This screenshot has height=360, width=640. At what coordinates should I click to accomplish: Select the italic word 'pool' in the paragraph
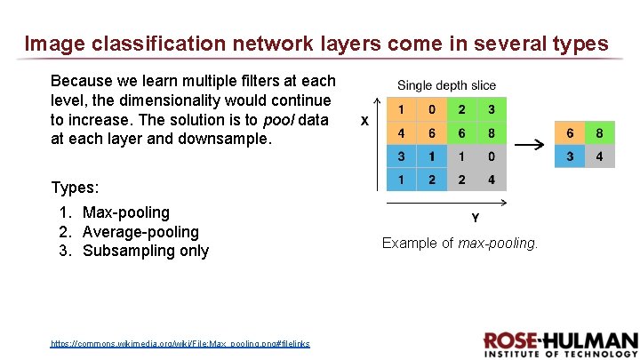click(280, 120)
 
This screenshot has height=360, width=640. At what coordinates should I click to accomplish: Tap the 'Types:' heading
click(76, 188)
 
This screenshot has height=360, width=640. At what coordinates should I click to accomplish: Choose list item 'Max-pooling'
click(125, 212)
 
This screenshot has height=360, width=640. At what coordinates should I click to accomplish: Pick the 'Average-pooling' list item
click(140, 232)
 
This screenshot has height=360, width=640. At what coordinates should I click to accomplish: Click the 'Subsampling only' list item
click(146, 251)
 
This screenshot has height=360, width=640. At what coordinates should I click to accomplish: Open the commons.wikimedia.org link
click(180, 343)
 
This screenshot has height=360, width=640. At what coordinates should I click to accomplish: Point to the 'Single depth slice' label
click(446, 85)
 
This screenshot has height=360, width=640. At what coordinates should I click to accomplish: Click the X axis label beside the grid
click(364, 122)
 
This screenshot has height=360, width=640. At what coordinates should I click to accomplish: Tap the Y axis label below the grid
click(475, 217)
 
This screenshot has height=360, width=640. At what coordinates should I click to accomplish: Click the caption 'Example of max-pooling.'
click(460, 243)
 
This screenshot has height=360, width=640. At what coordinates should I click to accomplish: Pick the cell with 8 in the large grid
click(491, 133)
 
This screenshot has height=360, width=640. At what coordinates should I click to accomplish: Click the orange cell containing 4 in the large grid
click(403, 133)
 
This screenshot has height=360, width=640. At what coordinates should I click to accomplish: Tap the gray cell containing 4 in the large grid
click(491, 180)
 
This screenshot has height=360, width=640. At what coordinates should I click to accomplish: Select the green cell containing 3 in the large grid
click(491, 110)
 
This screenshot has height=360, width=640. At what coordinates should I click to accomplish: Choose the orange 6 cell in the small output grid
click(570, 134)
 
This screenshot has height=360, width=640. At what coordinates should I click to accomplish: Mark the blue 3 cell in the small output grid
click(570, 157)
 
